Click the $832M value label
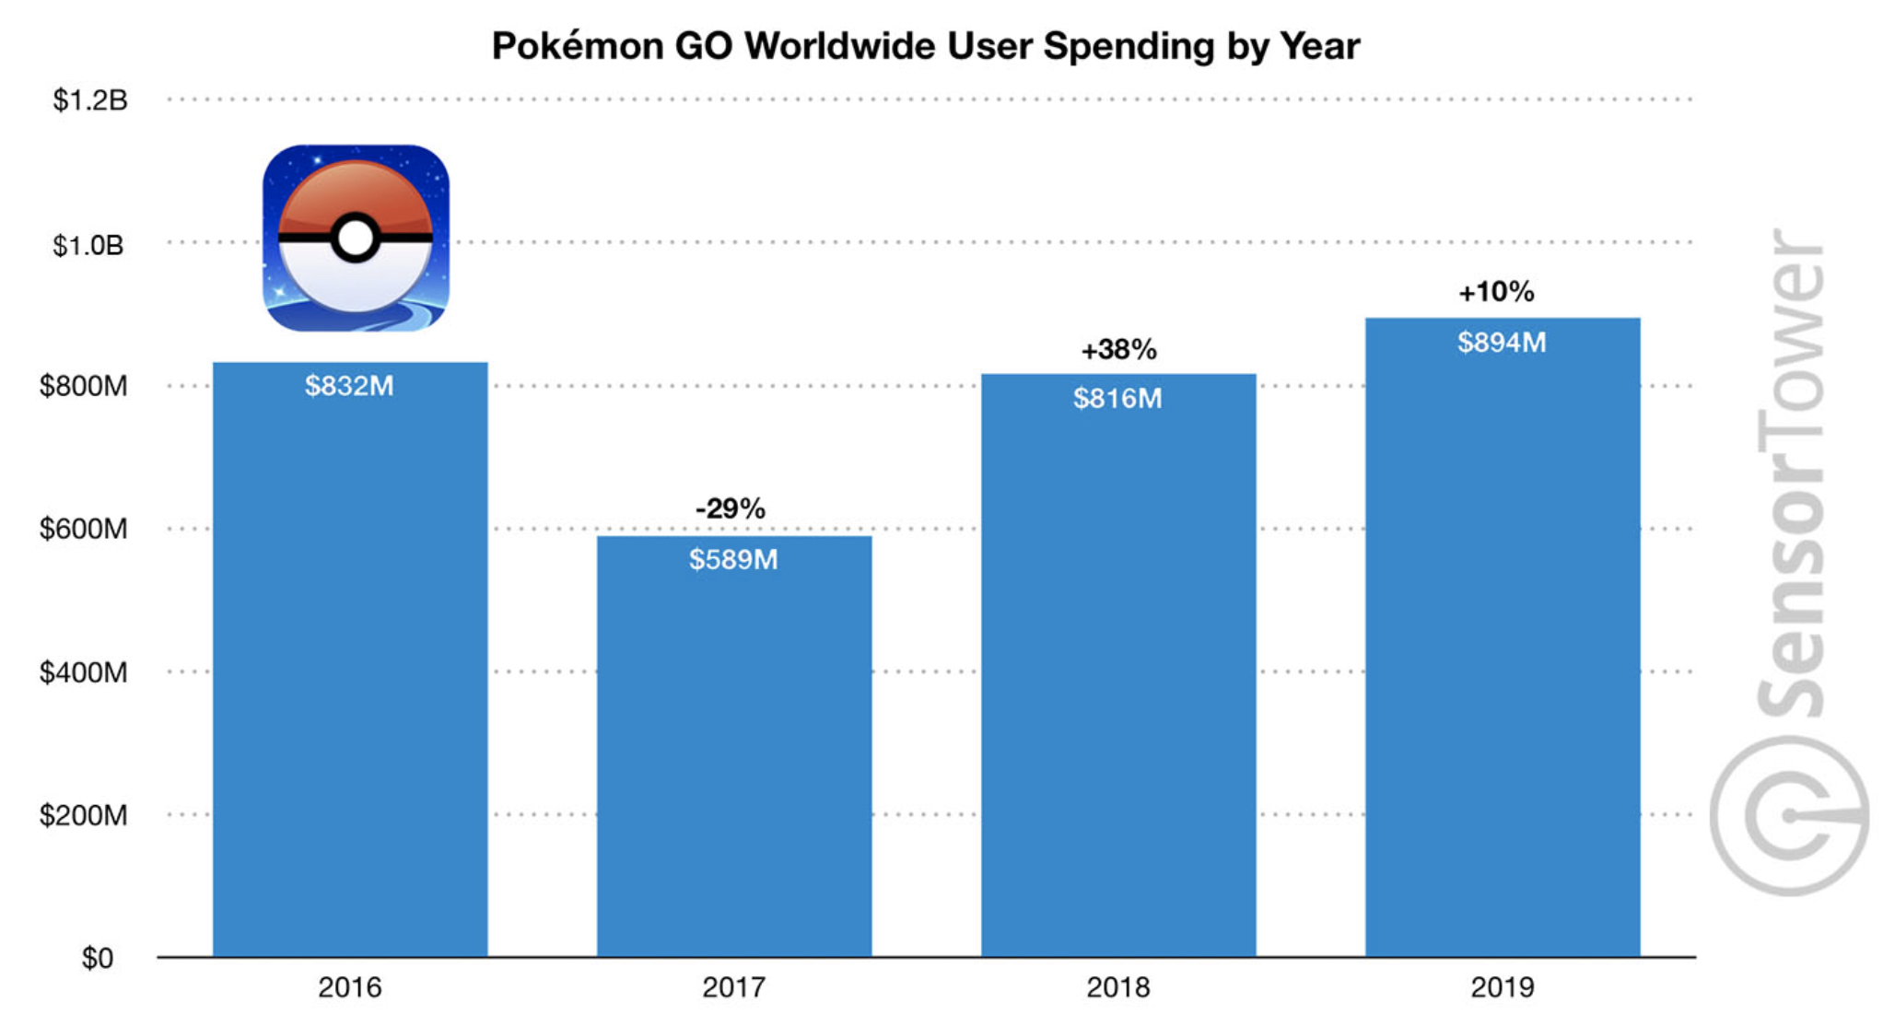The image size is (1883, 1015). click(349, 386)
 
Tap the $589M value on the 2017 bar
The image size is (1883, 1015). click(733, 560)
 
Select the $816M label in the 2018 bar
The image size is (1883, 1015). click(1117, 399)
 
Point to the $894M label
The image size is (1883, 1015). click(1502, 343)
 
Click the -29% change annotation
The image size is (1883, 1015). click(730, 508)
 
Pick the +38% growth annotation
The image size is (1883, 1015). click(1118, 350)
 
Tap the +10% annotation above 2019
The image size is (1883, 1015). click(1496, 292)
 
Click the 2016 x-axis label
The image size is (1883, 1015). click(349, 987)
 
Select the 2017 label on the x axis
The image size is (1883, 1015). click(733, 987)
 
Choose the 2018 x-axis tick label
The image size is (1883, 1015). click(1117, 987)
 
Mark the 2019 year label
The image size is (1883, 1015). click(1502, 987)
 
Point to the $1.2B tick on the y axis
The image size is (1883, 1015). click(89, 100)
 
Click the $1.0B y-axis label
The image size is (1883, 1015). click(88, 245)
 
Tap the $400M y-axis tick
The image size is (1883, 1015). click(83, 672)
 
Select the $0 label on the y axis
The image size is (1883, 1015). click(98, 959)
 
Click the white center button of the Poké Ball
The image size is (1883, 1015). click(355, 239)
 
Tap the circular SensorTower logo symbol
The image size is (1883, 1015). click(1788, 816)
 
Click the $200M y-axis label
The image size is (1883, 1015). click(83, 815)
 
